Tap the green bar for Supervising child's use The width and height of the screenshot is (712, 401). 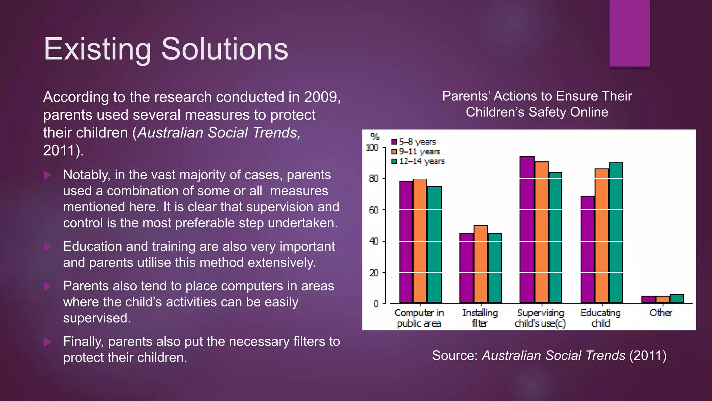click(555, 237)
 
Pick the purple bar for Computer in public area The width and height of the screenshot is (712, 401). click(406, 242)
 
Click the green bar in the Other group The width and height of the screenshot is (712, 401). click(677, 299)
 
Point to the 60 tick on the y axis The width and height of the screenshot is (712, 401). click(374, 210)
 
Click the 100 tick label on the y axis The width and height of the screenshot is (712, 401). click(372, 148)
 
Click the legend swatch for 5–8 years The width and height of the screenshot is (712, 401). click(394, 142)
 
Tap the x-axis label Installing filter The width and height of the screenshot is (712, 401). click(480, 318)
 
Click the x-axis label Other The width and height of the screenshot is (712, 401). click(661, 313)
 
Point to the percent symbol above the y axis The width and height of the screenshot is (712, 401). click(375, 136)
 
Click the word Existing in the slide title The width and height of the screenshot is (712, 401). click(97, 49)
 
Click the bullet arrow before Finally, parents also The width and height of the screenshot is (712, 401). click(48, 342)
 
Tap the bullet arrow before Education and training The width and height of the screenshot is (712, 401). click(48, 247)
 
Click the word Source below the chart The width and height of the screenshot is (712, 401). click(454, 355)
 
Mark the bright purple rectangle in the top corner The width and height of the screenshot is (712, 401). click(629, 33)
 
